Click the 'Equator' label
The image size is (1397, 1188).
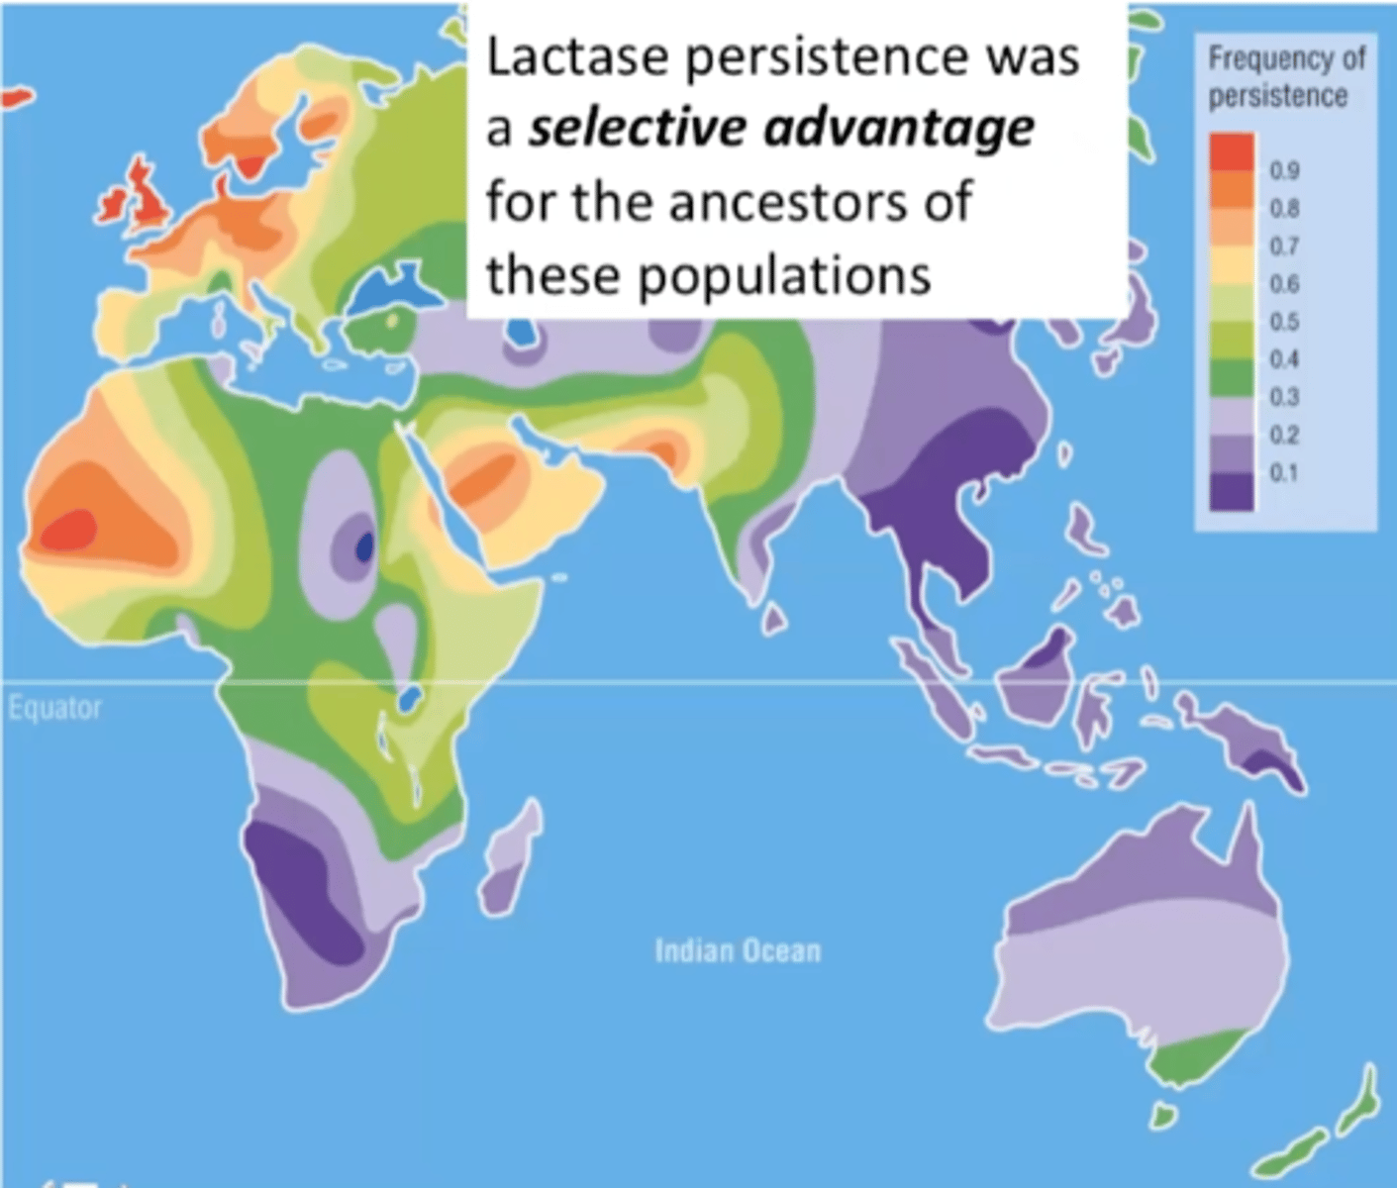click(x=55, y=708)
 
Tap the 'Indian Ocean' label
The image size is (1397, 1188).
click(x=738, y=951)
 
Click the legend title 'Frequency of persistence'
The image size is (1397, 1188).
click(x=1285, y=76)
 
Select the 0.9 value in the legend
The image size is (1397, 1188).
click(x=1286, y=170)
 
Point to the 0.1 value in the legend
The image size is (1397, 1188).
click(x=1286, y=472)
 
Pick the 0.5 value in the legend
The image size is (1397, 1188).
click(x=1286, y=322)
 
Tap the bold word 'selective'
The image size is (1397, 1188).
click(x=630, y=129)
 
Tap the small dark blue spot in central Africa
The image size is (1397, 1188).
click(x=364, y=545)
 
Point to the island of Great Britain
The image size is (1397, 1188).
click(x=149, y=198)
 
